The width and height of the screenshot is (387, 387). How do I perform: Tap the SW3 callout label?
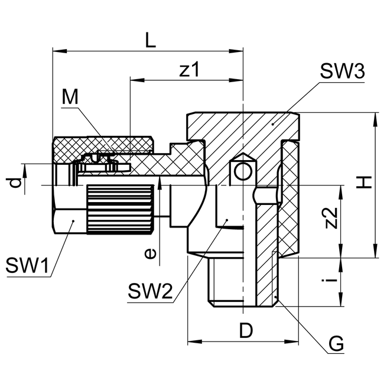click(342, 71)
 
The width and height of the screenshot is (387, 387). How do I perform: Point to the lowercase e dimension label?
click(151, 253)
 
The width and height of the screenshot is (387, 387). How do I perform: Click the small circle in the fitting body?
click(242, 171)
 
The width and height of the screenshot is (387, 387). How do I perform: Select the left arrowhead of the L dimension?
click(57, 51)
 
